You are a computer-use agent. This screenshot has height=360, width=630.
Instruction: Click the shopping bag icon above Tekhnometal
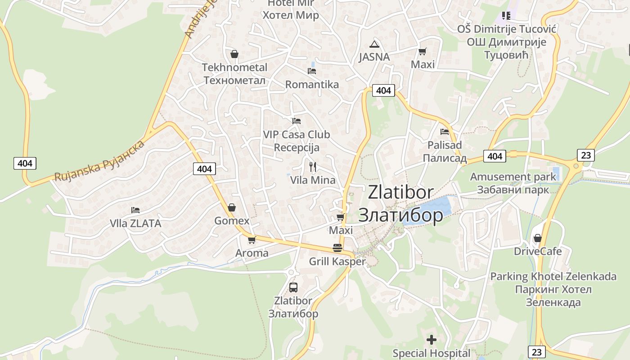click(x=234, y=54)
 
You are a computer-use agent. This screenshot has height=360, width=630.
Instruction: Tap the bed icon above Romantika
click(x=312, y=71)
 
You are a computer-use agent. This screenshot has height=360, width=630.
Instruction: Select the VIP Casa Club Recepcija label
click(x=296, y=141)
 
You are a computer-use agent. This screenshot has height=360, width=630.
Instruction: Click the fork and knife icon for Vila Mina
click(x=313, y=167)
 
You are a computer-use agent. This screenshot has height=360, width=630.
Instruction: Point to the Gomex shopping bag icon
click(x=232, y=207)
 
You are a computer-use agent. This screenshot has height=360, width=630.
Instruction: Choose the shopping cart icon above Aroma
click(x=252, y=240)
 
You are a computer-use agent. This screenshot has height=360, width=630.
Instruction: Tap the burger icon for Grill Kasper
click(x=337, y=248)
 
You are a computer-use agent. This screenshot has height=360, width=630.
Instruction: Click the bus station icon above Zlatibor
click(x=293, y=287)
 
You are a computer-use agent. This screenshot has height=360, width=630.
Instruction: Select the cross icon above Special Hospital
click(x=432, y=340)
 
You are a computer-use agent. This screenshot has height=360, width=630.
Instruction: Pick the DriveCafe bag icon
click(x=537, y=238)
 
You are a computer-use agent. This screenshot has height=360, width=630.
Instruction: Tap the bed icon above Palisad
click(x=445, y=132)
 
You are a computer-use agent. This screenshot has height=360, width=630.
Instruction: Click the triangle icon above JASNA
click(x=374, y=44)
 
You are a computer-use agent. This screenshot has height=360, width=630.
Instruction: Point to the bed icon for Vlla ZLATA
click(x=135, y=210)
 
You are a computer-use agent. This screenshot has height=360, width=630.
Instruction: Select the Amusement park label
click(x=513, y=183)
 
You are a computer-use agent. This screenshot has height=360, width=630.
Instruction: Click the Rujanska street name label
click(x=99, y=161)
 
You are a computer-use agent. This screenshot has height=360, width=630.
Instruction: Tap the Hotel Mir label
click(x=291, y=9)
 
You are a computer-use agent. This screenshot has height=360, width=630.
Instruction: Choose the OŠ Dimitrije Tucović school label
click(x=507, y=42)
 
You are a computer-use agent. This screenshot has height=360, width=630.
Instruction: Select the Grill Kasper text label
click(x=337, y=261)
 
